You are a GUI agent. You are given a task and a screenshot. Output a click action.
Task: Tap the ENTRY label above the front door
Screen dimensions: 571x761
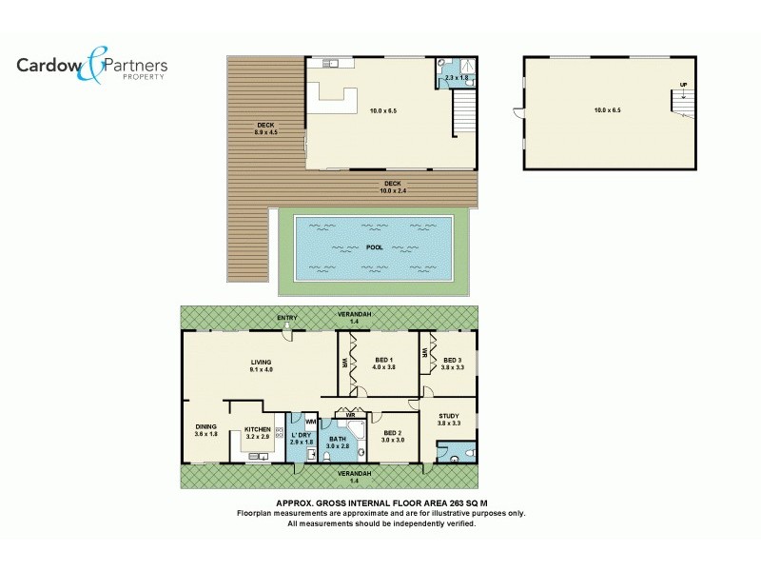287,318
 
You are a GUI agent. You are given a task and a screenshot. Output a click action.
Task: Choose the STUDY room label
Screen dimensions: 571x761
449,419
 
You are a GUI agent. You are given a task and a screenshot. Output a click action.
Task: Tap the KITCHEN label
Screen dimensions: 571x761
258,430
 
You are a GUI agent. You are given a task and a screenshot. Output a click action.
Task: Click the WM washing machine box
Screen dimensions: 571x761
310,422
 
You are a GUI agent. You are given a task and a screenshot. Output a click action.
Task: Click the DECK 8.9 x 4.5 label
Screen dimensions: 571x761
265,128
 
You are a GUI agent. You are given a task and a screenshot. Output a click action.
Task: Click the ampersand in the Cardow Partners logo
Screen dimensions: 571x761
95,63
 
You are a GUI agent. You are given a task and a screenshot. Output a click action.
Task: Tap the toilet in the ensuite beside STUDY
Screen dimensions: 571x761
455,459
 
